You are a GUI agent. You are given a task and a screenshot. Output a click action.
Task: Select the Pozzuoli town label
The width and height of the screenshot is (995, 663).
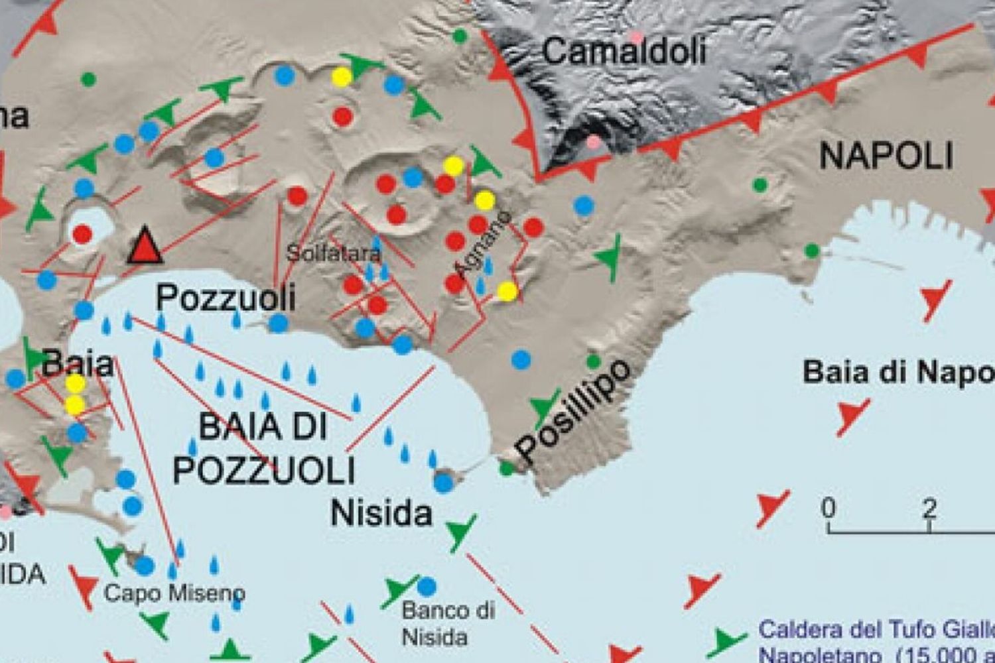[226, 298]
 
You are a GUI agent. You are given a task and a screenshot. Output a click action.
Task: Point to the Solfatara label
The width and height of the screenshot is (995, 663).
[334, 253]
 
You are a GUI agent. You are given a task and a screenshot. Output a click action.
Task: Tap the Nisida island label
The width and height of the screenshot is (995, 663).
[381, 512]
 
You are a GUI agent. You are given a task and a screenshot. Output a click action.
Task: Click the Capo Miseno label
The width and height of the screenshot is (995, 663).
[174, 592]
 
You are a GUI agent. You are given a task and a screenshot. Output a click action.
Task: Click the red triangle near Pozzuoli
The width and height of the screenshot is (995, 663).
[145, 246]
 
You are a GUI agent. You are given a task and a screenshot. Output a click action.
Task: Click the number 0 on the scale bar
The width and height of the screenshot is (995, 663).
[829, 509]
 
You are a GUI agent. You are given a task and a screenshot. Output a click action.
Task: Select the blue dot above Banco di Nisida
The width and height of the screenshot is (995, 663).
[427, 586]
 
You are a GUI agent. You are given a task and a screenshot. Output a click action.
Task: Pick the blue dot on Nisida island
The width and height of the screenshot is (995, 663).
[444, 482]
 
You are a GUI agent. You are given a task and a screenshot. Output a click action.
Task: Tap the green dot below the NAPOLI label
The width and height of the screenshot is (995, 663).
[760, 185]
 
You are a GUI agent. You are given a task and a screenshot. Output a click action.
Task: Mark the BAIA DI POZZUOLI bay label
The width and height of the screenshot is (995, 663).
[264, 449]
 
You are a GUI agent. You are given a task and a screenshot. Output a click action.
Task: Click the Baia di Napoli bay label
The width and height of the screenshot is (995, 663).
[898, 373]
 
